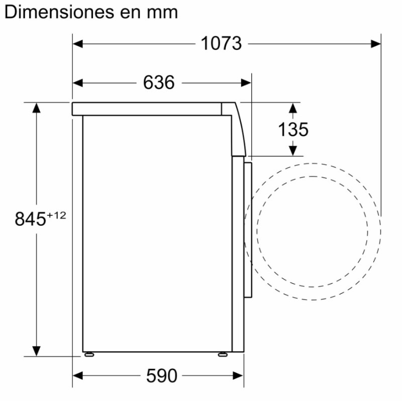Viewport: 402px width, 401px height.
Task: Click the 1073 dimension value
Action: coord(221,43)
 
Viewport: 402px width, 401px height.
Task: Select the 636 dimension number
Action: coord(159,83)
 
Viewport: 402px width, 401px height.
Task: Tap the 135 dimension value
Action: coord(293,129)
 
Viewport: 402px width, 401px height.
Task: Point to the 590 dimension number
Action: coord(161,376)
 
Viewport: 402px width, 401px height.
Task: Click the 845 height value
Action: coord(30,219)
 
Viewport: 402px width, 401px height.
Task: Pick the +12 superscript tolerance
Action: coord(56,215)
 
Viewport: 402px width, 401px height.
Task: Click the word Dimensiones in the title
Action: coord(59,12)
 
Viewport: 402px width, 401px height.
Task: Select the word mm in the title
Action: coord(162,14)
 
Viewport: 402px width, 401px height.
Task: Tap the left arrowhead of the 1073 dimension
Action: coord(78,44)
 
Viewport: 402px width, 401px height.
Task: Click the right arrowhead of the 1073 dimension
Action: coord(375,44)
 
